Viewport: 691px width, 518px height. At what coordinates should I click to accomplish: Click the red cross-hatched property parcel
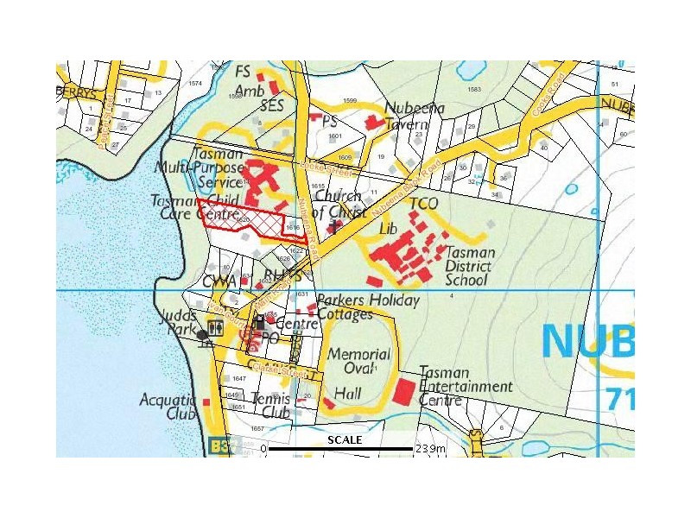246,222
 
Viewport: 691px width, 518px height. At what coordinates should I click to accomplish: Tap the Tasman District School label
469,266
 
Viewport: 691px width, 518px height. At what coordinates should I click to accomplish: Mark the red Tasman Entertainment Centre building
403,391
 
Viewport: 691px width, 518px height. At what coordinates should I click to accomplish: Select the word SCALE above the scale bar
344,439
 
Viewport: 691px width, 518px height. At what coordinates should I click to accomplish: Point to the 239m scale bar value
430,449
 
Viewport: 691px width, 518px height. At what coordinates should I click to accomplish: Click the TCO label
424,204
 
